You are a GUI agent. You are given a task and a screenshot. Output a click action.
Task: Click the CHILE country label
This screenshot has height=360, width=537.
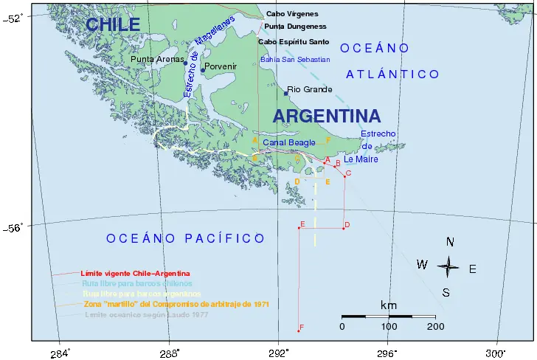tap(113, 24)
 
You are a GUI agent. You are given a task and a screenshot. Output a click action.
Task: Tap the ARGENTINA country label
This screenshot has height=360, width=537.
tap(327, 116)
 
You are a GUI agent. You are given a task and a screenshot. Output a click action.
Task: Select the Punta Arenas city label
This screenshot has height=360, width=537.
tap(156, 59)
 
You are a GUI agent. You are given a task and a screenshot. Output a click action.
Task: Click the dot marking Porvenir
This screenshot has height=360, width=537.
tap(203, 70)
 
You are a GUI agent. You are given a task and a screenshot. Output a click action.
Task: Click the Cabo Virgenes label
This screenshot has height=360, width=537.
tap(292, 13)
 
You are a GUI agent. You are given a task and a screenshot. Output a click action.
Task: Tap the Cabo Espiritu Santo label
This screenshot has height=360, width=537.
tap(294, 41)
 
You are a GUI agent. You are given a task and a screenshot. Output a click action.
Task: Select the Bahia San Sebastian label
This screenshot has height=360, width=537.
tap(295, 59)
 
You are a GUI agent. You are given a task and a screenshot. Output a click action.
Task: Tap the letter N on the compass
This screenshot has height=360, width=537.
tap(450, 242)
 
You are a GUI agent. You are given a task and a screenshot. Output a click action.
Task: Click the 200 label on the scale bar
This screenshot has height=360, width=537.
tap(435, 326)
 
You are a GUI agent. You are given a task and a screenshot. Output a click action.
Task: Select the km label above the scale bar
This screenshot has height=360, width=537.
tap(389, 305)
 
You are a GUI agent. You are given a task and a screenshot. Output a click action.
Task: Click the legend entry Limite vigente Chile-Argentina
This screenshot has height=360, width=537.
tap(135, 274)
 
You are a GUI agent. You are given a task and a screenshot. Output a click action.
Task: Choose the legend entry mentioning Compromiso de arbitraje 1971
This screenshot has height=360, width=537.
tap(175, 304)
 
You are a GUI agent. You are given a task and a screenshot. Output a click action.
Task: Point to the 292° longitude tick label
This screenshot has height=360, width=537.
tap(277, 351)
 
